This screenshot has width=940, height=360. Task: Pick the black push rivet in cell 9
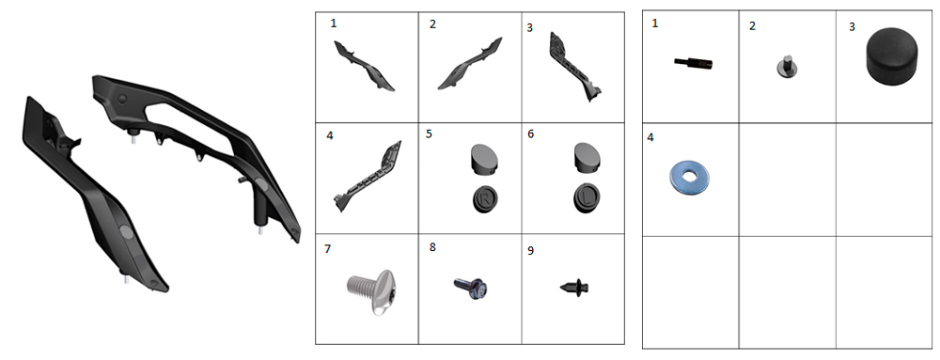(573, 287)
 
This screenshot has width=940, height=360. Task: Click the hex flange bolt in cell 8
(470, 288)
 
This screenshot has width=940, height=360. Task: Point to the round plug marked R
(485, 199)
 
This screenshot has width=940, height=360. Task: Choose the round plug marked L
(587, 198)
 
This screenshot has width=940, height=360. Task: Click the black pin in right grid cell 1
(693, 62)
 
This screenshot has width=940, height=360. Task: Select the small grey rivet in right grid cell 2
(785, 65)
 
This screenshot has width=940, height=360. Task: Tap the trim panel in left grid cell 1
(363, 65)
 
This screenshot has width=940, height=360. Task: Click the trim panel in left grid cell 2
(471, 64)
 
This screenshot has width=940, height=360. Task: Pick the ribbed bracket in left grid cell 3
(574, 67)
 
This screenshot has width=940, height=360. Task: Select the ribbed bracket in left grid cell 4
(368, 177)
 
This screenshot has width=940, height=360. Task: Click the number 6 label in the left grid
(530, 135)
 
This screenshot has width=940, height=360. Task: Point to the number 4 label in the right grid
(650, 137)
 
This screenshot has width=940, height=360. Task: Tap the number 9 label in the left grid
(530, 250)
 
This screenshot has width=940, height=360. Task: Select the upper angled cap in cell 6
(587, 157)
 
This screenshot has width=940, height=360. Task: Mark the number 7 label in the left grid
(327, 248)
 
